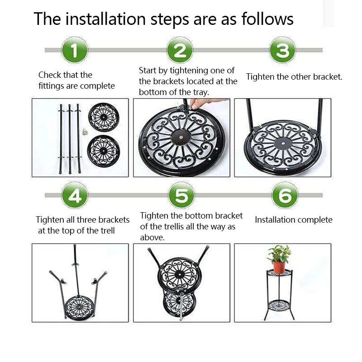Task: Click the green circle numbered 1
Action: pyautogui.click(x=74, y=50)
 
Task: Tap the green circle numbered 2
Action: pyautogui.click(x=180, y=50)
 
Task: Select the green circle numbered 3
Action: pyautogui.click(x=282, y=50)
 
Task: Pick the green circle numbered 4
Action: pyautogui.click(x=75, y=195)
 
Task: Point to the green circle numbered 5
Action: pyautogui.click(x=181, y=195)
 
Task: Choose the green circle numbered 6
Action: pyautogui.click(x=285, y=195)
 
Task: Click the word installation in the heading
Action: pyautogui.click(x=105, y=19)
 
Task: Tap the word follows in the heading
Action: pyautogui.click(x=267, y=19)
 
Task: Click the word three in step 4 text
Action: pyautogui.click(x=87, y=219)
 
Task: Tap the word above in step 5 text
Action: pyautogui.click(x=152, y=237)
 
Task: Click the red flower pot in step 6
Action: pyautogui.click(x=279, y=267)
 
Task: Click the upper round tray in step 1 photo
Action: pyautogui.click(x=104, y=117)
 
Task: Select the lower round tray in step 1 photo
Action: pyautogui.click(x=104, y=151)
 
